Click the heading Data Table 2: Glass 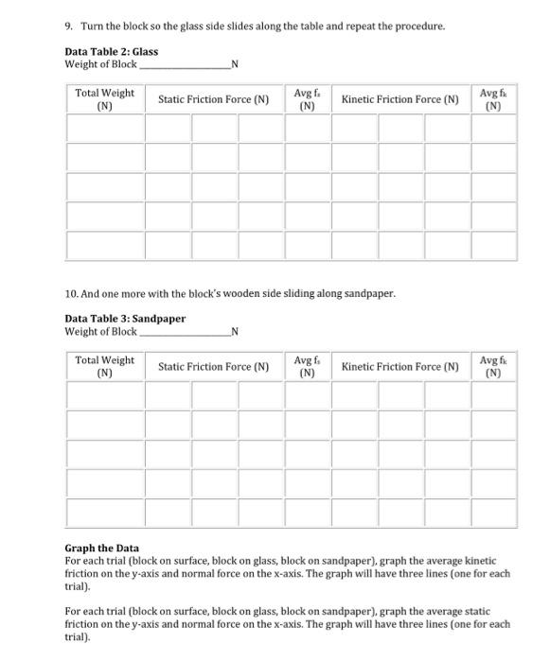[111, 51]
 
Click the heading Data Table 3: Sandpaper [124, 318]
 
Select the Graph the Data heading [101, 548]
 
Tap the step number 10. [71, 293]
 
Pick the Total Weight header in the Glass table [104, 99]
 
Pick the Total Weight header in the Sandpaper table [104, 366]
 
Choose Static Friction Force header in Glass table [213, 99]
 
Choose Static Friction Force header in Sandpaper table [213, 366]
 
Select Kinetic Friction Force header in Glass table [399, 99]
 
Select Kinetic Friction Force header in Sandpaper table [399, 366]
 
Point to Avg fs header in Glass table [306, 99]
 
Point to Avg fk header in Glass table [492, 99]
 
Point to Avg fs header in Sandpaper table [306, 366]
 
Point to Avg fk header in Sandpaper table [492, 366]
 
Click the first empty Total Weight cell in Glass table [104, 129]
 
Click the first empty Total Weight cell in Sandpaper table [104, 395]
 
